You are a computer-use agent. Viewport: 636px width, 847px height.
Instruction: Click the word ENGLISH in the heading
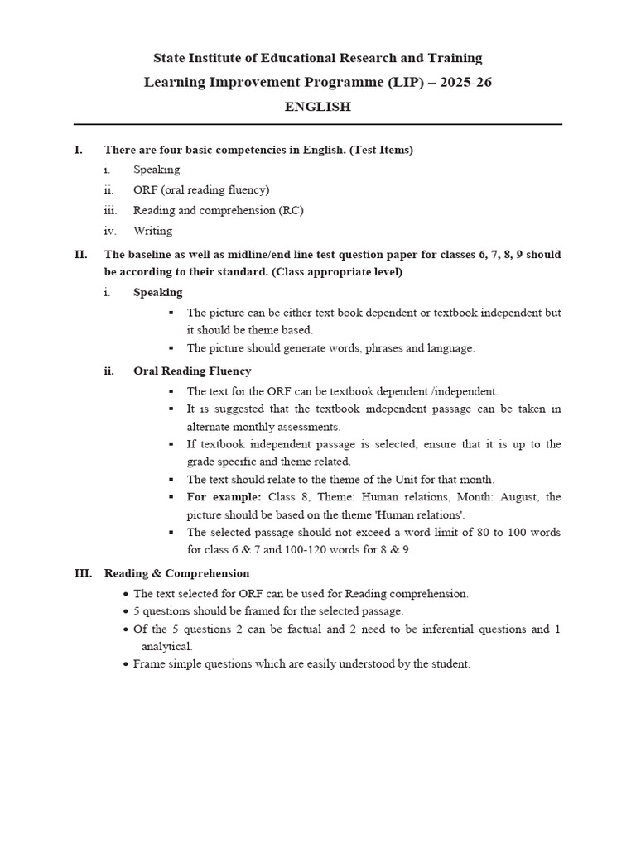[318, 107]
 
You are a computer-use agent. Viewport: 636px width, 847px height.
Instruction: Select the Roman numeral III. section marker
[83, 573]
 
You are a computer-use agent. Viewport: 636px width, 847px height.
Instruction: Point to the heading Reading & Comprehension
[176, 573]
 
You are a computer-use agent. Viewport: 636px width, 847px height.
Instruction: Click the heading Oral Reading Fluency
[192, 371]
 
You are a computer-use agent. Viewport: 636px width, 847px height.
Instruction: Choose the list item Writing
[152, 231]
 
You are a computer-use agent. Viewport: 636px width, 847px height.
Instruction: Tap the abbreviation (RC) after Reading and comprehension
[291, 210]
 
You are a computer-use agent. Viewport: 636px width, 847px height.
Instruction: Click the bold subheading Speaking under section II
[158, 292]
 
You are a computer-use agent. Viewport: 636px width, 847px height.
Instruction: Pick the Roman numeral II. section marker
[80, 255]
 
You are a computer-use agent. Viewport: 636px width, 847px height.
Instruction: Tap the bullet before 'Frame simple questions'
[125, 664]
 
